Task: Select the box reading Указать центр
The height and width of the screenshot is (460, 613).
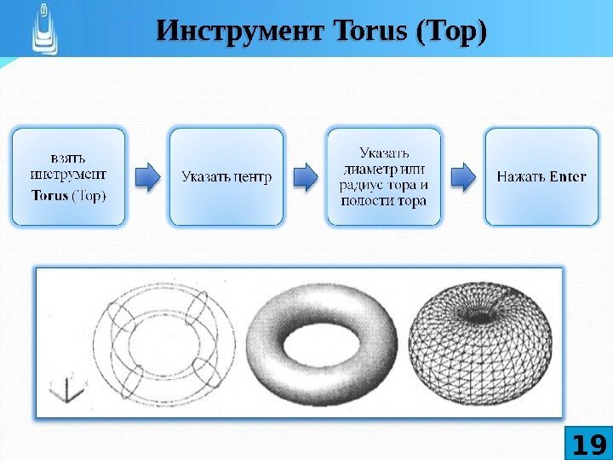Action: [x=226, y=177]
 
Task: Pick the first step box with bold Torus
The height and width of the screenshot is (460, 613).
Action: [x=68, y=177]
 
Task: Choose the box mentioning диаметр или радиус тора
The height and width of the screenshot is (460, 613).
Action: [x=384, y=177]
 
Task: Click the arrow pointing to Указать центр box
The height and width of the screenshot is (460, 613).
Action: [x=148, y=176]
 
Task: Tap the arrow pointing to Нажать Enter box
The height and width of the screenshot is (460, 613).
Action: [x=463, y=176]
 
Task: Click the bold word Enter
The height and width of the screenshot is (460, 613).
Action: [x=568, y=177]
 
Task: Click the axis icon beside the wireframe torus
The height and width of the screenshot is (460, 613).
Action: [x=67, y=390]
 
